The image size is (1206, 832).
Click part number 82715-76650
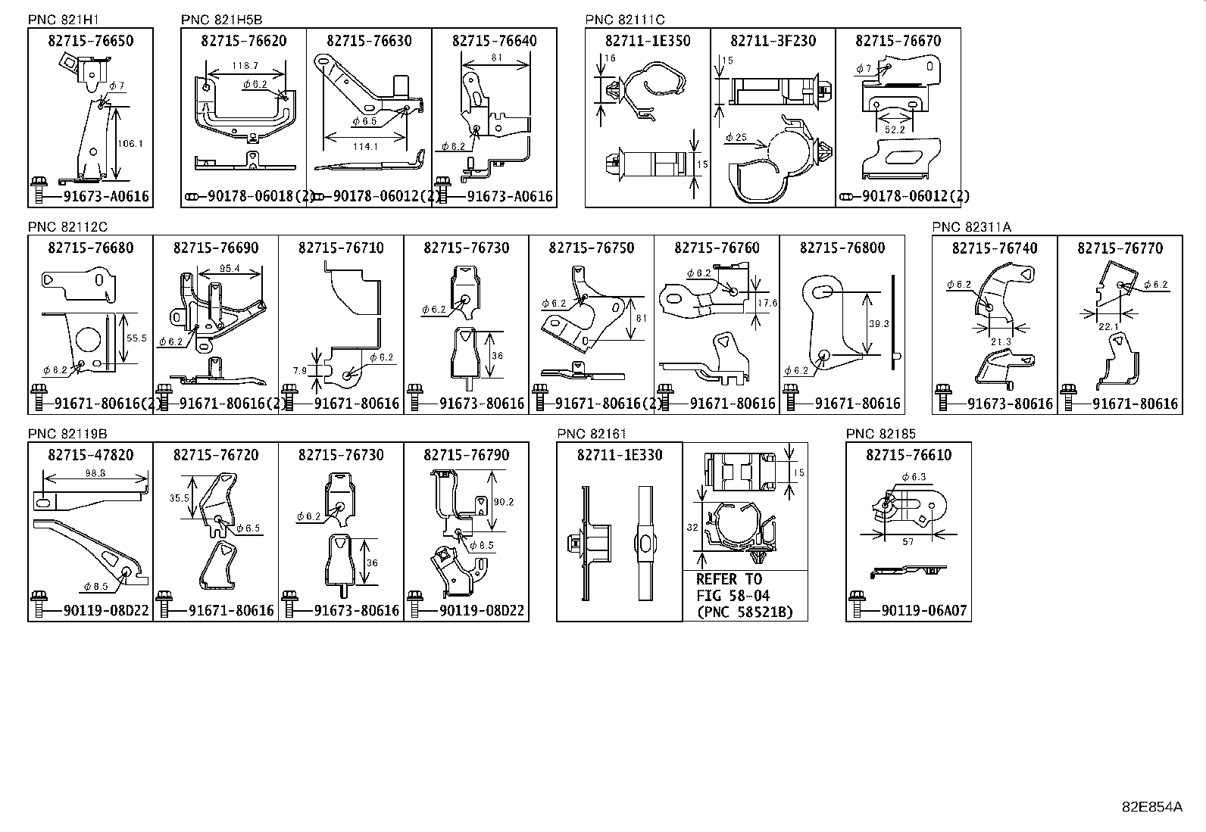pos(90,41)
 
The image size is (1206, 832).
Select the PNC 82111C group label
pos(625,20)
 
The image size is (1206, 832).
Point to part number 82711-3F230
pos(773,41)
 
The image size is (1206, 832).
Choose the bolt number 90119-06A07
pos(924,610)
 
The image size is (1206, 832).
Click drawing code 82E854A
pos(1151,806)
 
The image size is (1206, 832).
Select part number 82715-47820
pos(90,455)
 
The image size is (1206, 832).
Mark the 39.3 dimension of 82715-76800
pos(878,323)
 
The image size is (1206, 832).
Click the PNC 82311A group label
pos(971,226)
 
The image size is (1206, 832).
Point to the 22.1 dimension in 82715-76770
pos(1108,326)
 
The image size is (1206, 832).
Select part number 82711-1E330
pos(619,455)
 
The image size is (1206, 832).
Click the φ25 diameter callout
pos(736,137)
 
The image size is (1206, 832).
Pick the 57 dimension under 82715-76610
pos(908,542)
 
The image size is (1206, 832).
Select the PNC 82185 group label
pos(880,434)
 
